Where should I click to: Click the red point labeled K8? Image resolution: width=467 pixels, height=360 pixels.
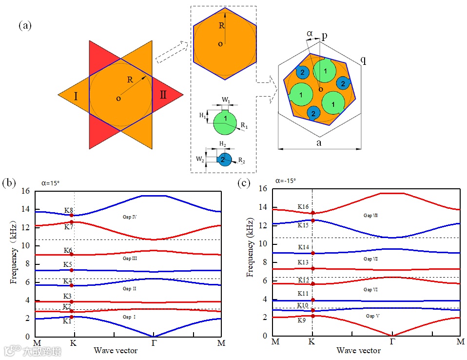tap(72, 215)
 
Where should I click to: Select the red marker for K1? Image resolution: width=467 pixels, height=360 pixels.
tap(72, 317)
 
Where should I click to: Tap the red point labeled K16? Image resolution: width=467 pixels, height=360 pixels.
tap(312, 213)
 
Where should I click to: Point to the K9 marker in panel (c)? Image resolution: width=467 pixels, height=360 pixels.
tap(312, 316)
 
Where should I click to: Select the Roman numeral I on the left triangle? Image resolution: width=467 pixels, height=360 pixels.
tap(76, 96)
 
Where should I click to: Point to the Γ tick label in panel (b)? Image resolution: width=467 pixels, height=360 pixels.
tap(154, 343)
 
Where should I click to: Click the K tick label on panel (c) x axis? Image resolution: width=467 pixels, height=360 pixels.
tap(312, 342)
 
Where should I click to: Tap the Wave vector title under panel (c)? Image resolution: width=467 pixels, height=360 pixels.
tap(358, 350)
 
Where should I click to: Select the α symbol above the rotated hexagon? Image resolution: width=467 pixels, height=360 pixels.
tap(310, 33)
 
